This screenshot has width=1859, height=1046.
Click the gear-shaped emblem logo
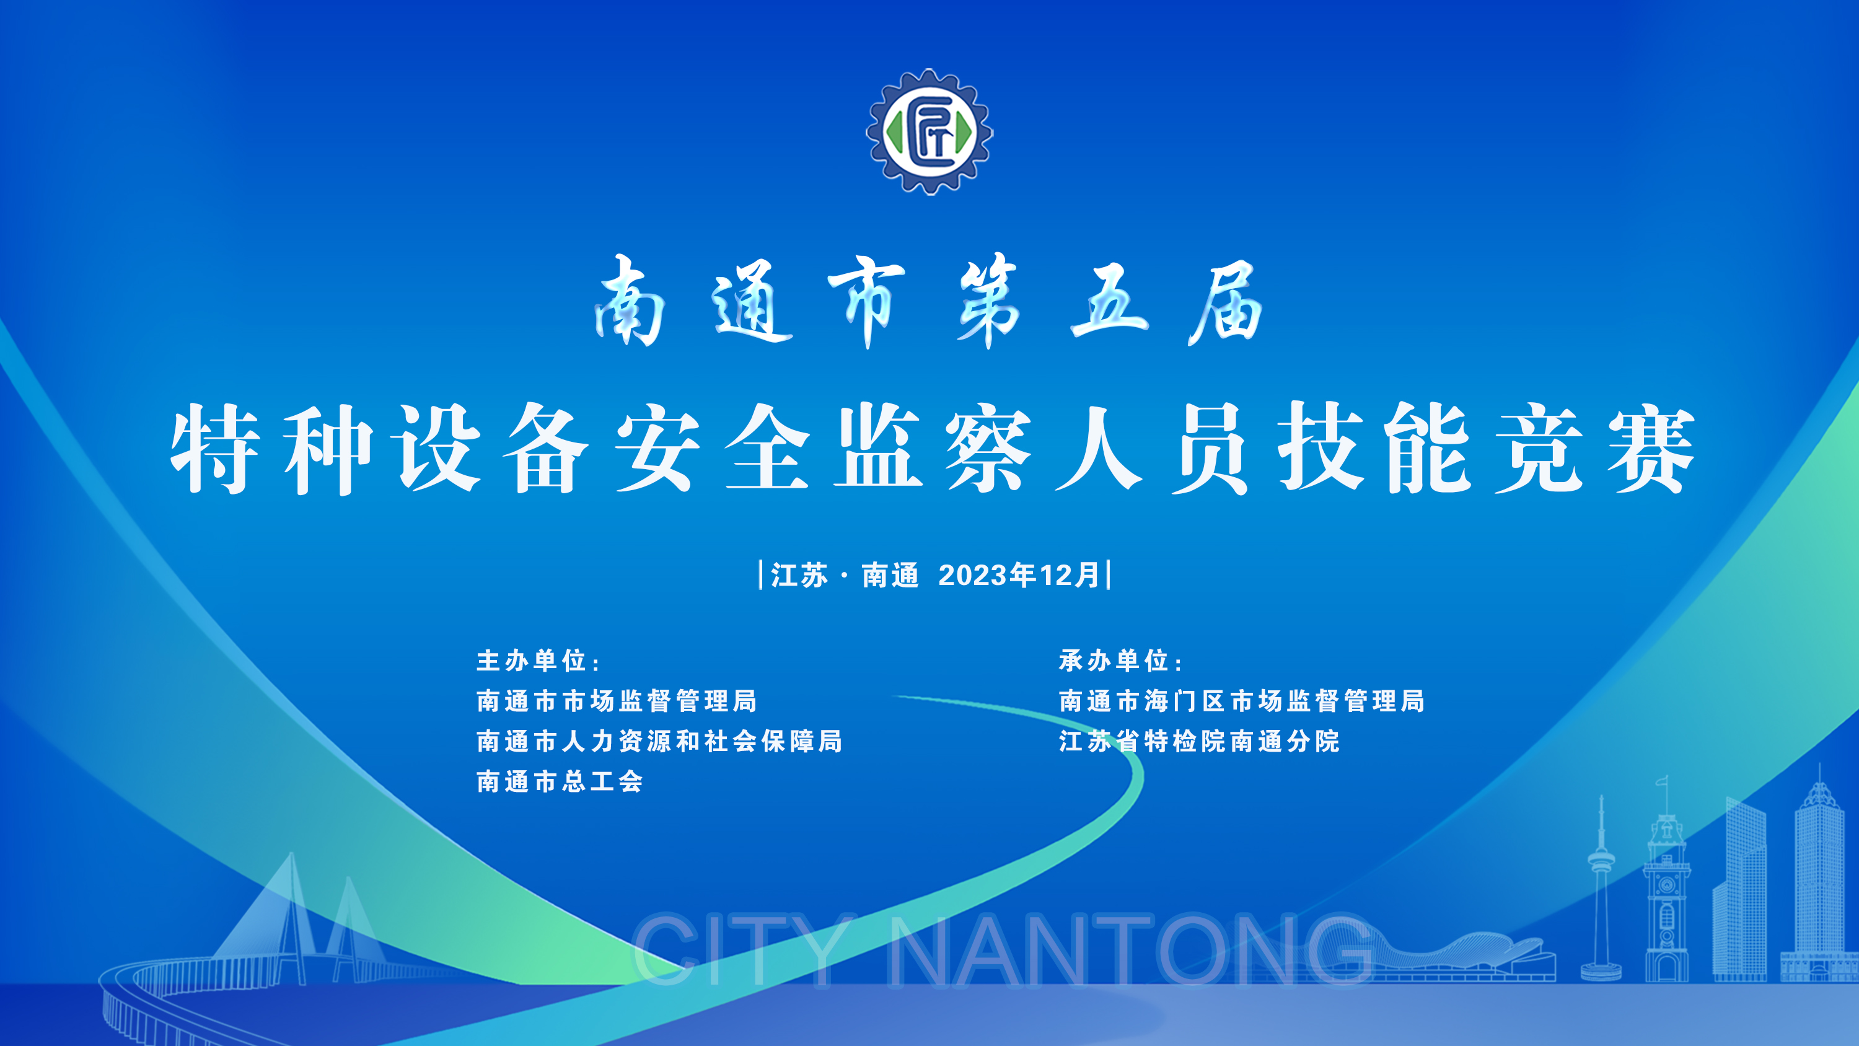click(929, 131)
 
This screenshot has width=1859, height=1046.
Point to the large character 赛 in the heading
click(1650, 449)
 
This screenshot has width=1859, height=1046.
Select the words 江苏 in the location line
click(799, 575)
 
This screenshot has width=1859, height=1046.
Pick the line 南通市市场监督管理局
click(617, 701)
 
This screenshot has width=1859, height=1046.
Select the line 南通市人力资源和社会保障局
click(659, 741)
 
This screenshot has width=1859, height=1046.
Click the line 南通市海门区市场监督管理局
click(1242, 701)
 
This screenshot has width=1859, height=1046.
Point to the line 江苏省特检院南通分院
click(1198, 741)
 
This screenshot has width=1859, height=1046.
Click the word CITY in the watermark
click(744, 950)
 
